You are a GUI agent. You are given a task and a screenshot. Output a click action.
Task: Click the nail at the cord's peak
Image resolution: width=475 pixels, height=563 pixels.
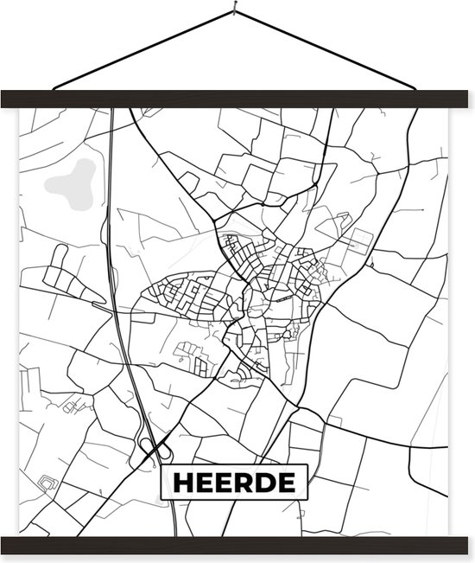[234, 12]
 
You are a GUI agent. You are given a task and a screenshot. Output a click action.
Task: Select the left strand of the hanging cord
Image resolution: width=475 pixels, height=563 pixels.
[142, 51]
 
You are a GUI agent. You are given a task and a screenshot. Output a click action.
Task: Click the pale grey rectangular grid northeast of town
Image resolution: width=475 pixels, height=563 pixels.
[357, 241]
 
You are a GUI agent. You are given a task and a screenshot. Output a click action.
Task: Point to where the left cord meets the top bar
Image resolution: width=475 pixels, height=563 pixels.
[54, 89]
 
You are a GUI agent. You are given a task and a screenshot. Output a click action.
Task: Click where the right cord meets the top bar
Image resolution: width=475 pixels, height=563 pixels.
[415, 89]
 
